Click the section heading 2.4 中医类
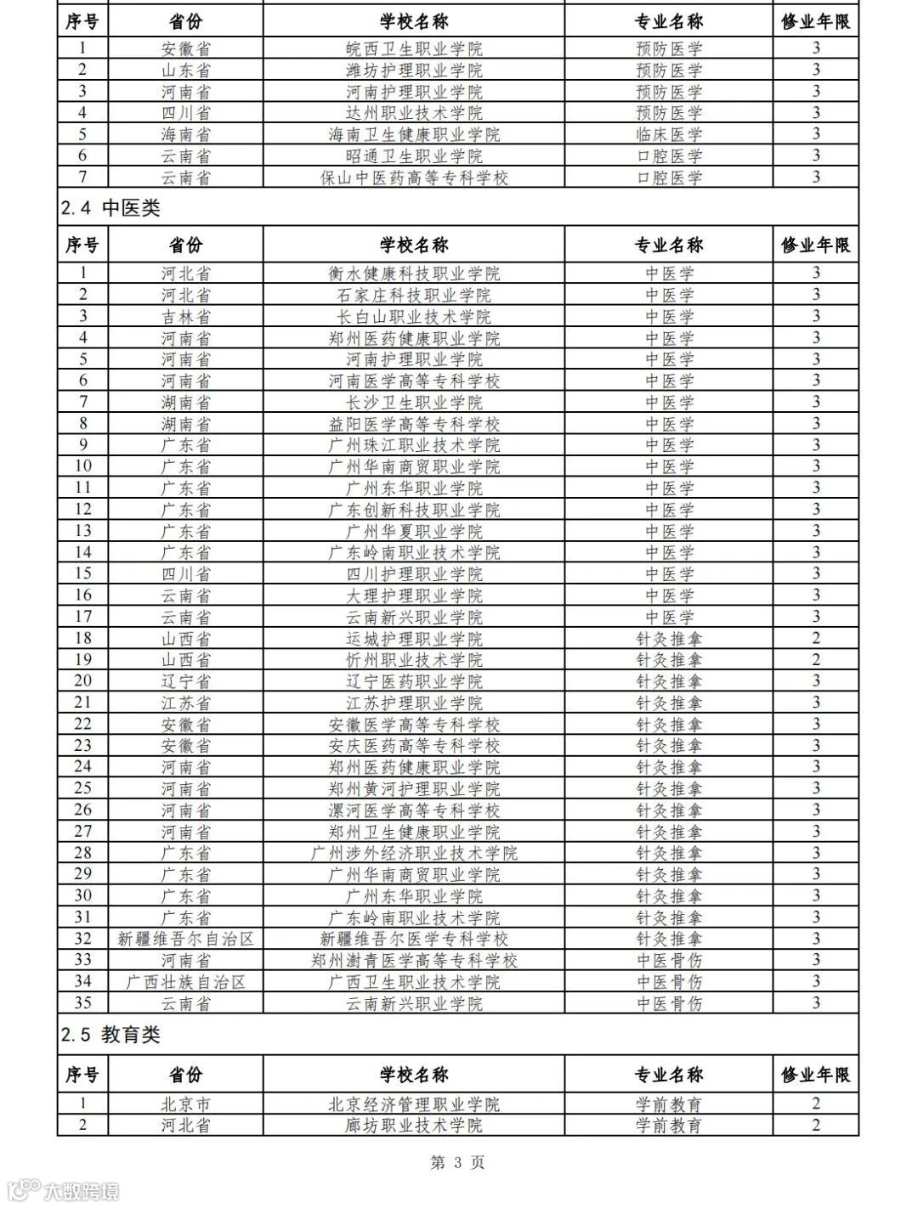[110, 208]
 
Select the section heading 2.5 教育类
[110, 1035]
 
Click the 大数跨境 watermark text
[82, 1189]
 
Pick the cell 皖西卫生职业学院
[414, 48]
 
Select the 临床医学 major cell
[669, 134]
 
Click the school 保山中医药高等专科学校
[414, 178]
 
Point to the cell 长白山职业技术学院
[414, 317]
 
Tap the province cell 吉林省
[186, 317]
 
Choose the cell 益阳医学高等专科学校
[414, 424]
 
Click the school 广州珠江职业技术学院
[414, 445]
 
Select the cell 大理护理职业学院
[414, 596]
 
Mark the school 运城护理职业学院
[414, 639]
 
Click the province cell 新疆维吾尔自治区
[186, 939]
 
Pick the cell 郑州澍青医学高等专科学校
[414, 960]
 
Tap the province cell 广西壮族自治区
[186, 982]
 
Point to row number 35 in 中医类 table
[82, 1003]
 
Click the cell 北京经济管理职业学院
[414, 1104]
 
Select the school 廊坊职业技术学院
[414, 1126]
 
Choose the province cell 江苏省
[186, 703]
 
